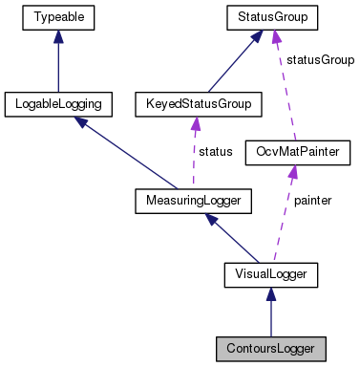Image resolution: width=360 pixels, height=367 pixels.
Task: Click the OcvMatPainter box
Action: (x=291, y=151)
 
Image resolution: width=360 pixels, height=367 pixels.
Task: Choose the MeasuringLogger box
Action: (x=192, y=201)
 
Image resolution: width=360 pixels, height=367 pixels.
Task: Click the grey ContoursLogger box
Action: (x=270, y=346)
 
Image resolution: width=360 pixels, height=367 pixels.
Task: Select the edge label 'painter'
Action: (x=311, y=202)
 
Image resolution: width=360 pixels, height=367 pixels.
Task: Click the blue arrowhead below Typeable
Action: (x=58, y=35)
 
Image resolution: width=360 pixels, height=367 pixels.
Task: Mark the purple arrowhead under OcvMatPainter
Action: (x=291, y=171)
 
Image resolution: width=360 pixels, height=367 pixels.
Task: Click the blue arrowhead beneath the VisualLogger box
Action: (x=270, y=295)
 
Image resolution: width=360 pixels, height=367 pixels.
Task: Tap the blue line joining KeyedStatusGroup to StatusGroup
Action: (x=229, y=62)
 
